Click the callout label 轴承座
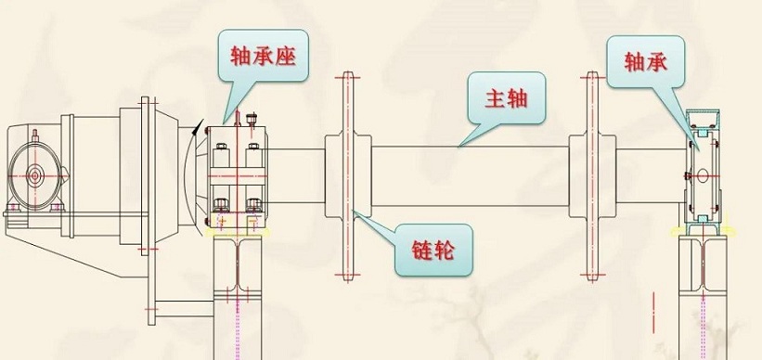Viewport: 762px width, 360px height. tap(263, 56)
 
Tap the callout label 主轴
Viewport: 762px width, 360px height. tap(506, 98)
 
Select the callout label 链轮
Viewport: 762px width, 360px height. tap(433, 251)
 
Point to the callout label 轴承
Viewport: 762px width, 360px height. tap(645, 61)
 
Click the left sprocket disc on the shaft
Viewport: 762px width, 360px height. tap(348, 177)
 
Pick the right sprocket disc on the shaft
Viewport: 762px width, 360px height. tap(592, 177)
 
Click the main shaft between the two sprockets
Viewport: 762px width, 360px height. tap(470, 176)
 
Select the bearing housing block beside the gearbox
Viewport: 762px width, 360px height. tap(237, 176)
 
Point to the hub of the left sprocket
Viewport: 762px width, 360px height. tap(348, 176)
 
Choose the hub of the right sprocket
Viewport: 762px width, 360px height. tap(592, 176)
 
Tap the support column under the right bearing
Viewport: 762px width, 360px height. tap(703, 297)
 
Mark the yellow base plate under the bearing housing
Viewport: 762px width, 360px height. tap(239, 232)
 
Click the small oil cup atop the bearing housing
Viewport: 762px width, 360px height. tap(252, 119)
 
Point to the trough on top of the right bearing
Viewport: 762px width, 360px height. tap(703, 120)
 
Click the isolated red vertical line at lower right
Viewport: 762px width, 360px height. tap(654, 313)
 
